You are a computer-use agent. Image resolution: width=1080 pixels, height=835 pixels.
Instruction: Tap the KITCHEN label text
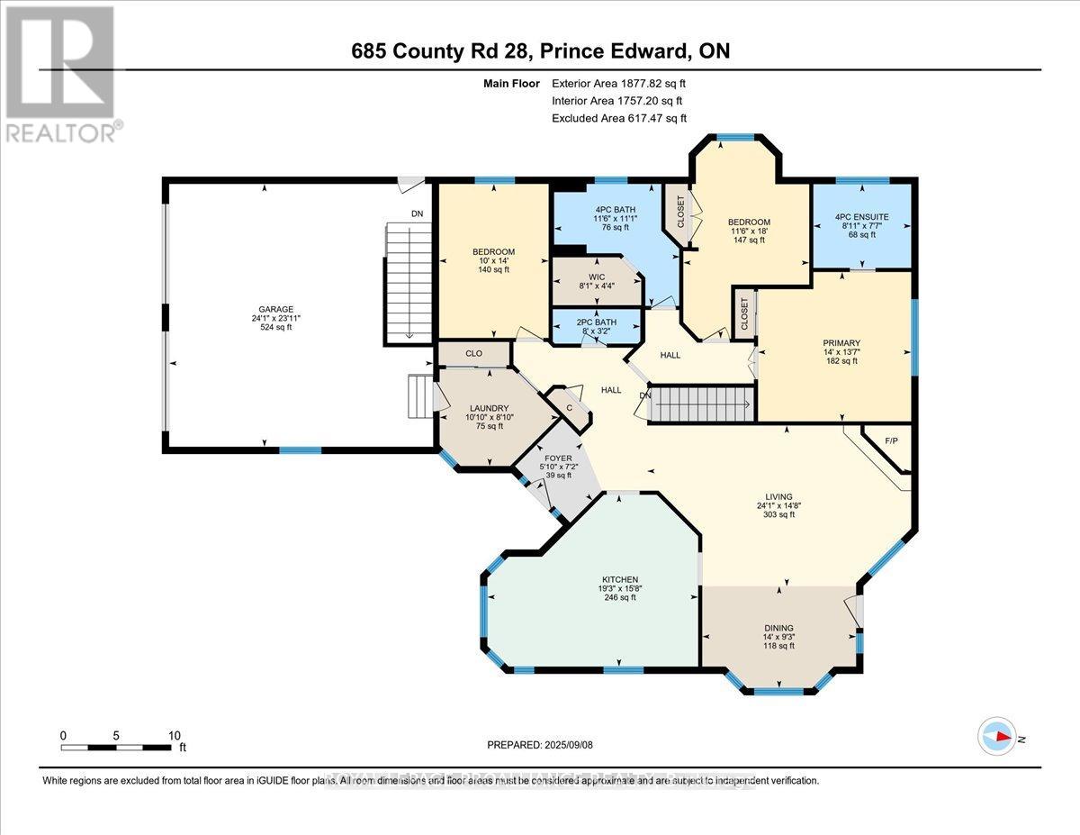(620, 579)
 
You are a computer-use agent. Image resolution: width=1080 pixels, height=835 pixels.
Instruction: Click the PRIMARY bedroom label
(841, 343)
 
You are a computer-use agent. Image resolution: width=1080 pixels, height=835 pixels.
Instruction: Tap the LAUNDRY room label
(489, 408)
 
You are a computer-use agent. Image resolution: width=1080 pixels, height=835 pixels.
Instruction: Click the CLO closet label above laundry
(473, 354)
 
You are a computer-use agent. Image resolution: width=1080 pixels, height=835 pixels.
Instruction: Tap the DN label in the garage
(416, 214)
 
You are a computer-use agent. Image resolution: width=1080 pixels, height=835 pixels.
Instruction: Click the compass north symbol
(999, 736)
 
